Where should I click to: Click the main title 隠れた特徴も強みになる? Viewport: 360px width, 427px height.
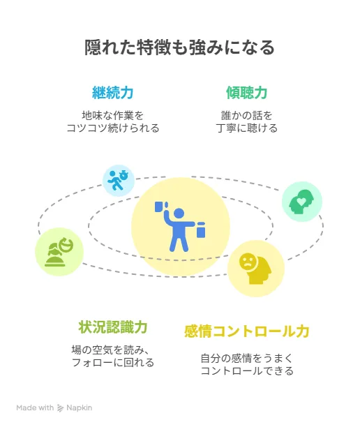[x=179, y=47]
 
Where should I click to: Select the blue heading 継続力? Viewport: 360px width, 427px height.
[x=113, y=93]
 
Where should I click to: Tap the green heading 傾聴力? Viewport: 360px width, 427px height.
[x=247, y=93]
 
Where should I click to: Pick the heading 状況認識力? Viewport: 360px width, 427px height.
[x=113, y=327]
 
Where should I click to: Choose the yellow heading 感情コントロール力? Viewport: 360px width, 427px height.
[x=247, y=331]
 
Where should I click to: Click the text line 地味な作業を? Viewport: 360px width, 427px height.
[x=113, y=115]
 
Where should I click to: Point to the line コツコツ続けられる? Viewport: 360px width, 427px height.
[x=113, y=128]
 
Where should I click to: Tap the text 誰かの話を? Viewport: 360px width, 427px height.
[x=247, y=115]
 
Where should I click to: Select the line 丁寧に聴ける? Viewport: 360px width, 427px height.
[x=247, y=128]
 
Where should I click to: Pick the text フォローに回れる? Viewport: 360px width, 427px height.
[x=113, y=362]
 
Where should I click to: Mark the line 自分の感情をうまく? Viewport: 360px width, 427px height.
[x=247, y=358]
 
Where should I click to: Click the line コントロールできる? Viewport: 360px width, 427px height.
[x=247, y=370]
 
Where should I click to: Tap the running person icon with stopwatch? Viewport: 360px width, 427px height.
[x=118, y=180]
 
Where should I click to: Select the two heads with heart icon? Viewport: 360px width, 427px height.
[x=301, y=202]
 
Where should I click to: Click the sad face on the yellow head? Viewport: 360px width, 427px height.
[x=248, y=262]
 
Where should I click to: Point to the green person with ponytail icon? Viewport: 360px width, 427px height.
[x=59, y=252]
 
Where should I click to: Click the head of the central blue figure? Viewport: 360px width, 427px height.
[x=179, y=214]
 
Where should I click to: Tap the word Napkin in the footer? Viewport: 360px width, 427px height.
[x=80, y=407]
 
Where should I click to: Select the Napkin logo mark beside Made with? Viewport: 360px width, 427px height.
[x=60, y=408]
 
